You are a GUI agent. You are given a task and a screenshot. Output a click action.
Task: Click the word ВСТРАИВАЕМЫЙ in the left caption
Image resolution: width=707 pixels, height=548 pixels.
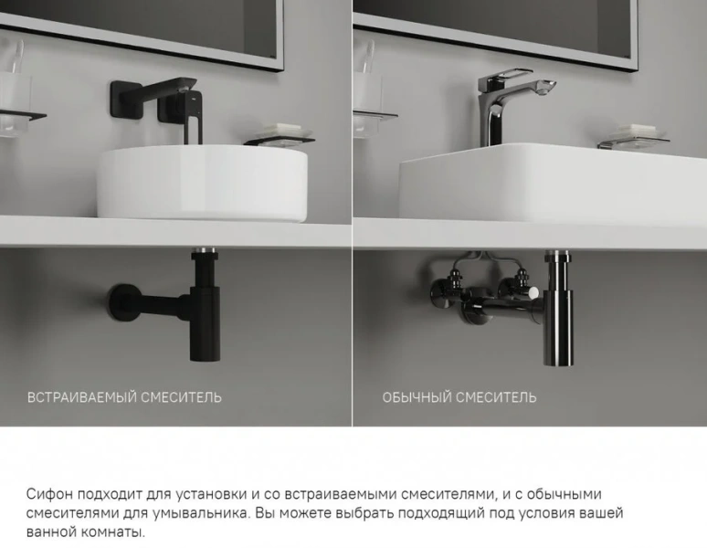82,397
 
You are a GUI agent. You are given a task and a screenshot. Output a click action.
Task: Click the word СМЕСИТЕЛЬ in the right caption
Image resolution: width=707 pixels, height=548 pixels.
497,397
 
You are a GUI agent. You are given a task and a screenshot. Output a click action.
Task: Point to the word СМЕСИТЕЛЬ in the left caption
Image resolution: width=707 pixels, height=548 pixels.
182,397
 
